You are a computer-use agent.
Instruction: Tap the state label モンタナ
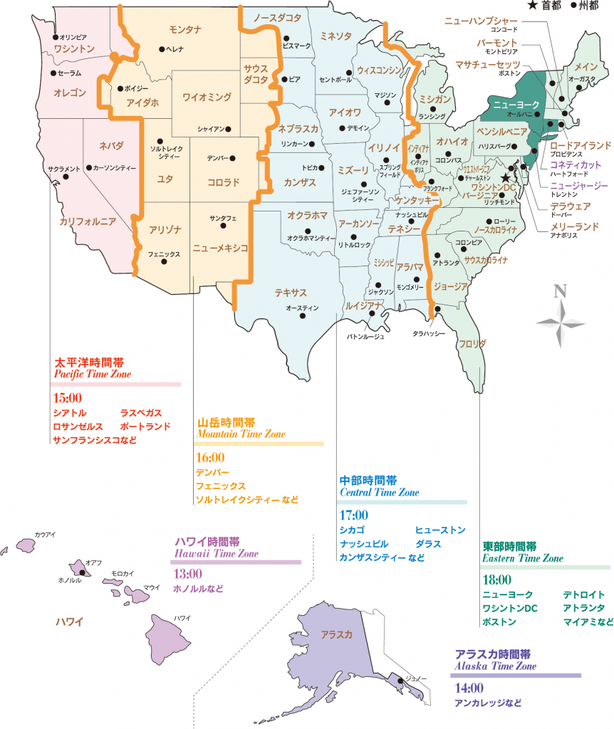pyautogui.click(x=186, y=29)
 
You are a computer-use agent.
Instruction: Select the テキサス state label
pyautogui.click(x=291, y=293)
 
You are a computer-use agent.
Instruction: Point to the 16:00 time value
pyautogui.click(x=210, y=457)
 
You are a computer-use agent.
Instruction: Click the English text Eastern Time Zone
pyautogui.click(x=522, y=558)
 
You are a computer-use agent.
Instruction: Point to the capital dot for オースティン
pyautogui.click(x=315, y=299)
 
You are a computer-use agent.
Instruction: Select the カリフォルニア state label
pyautogui.click(x=88, y=222)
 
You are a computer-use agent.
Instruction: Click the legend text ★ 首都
pyautogui.click(x=545, y=6)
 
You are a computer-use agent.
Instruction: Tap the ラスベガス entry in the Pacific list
pyautogui.click(x=141, y=413)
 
